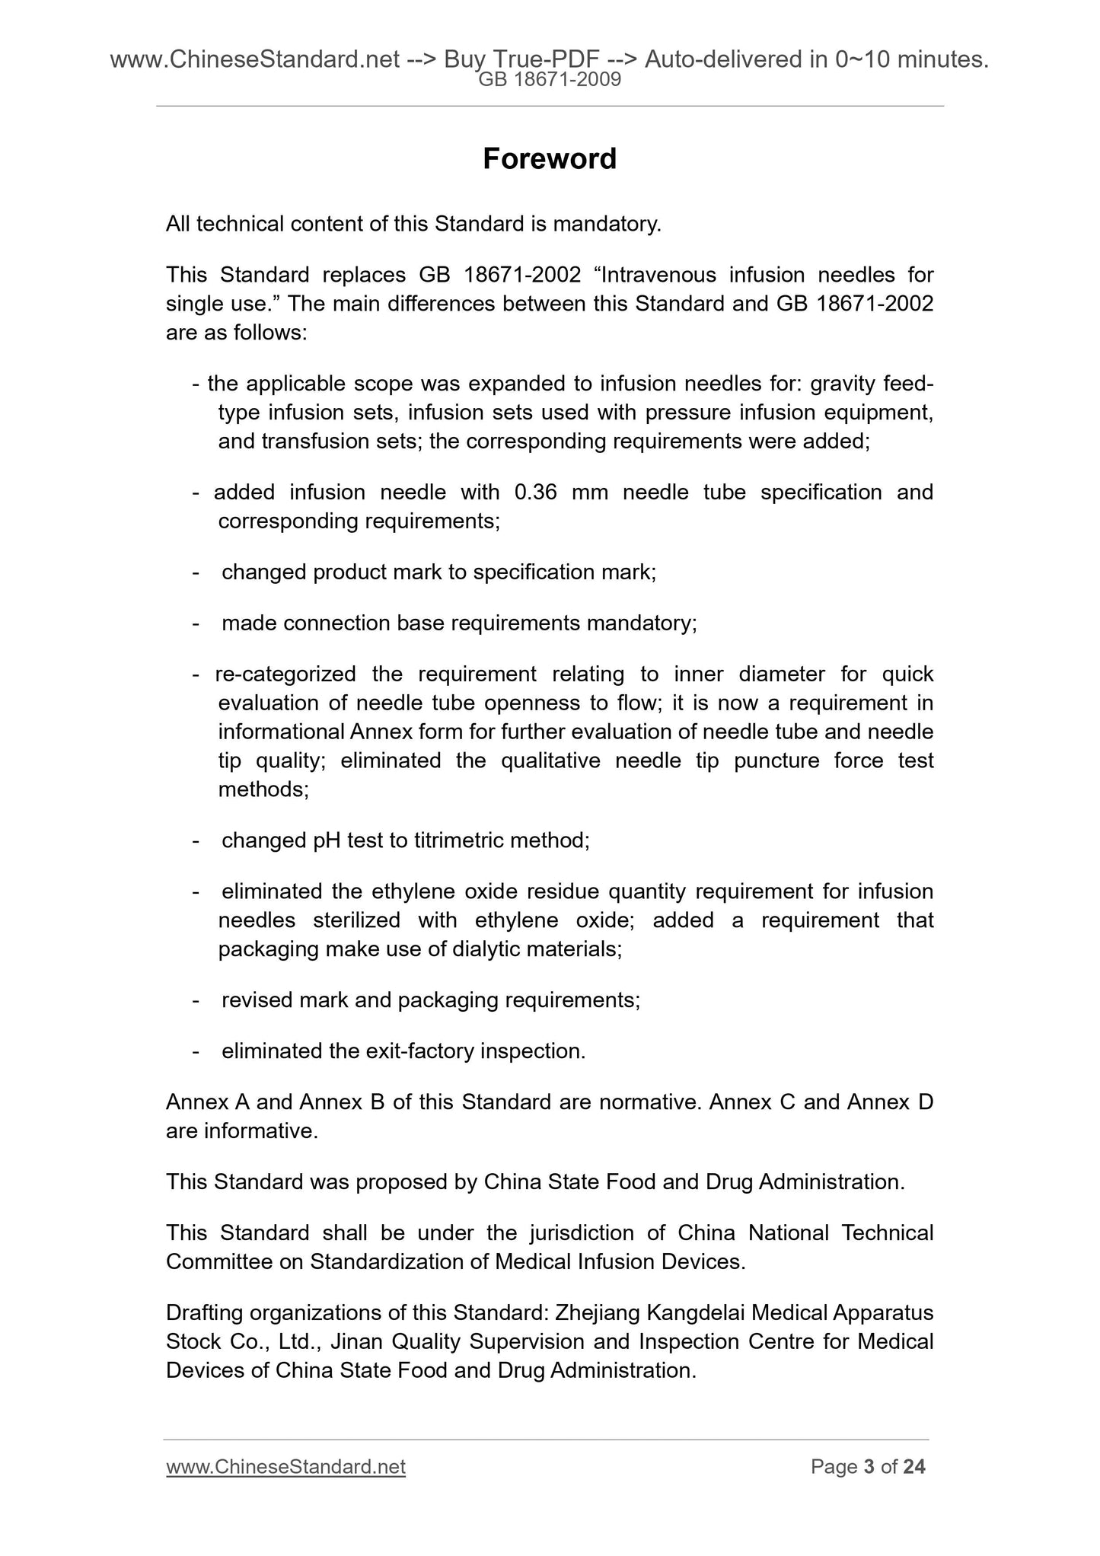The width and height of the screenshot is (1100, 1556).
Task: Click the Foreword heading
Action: (550, 159)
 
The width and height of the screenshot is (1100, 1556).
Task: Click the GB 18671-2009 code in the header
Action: (550, 79)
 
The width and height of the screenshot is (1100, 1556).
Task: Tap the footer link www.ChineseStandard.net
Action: (285, 1467)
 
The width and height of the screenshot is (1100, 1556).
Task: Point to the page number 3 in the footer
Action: (869, 1467)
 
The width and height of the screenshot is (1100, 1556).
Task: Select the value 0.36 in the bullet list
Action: (537, 493)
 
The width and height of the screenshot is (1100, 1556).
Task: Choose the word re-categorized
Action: (285, 674)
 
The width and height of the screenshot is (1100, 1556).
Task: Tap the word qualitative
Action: (549, 760)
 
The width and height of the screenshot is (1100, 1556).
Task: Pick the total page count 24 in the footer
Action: (914, 1467)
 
